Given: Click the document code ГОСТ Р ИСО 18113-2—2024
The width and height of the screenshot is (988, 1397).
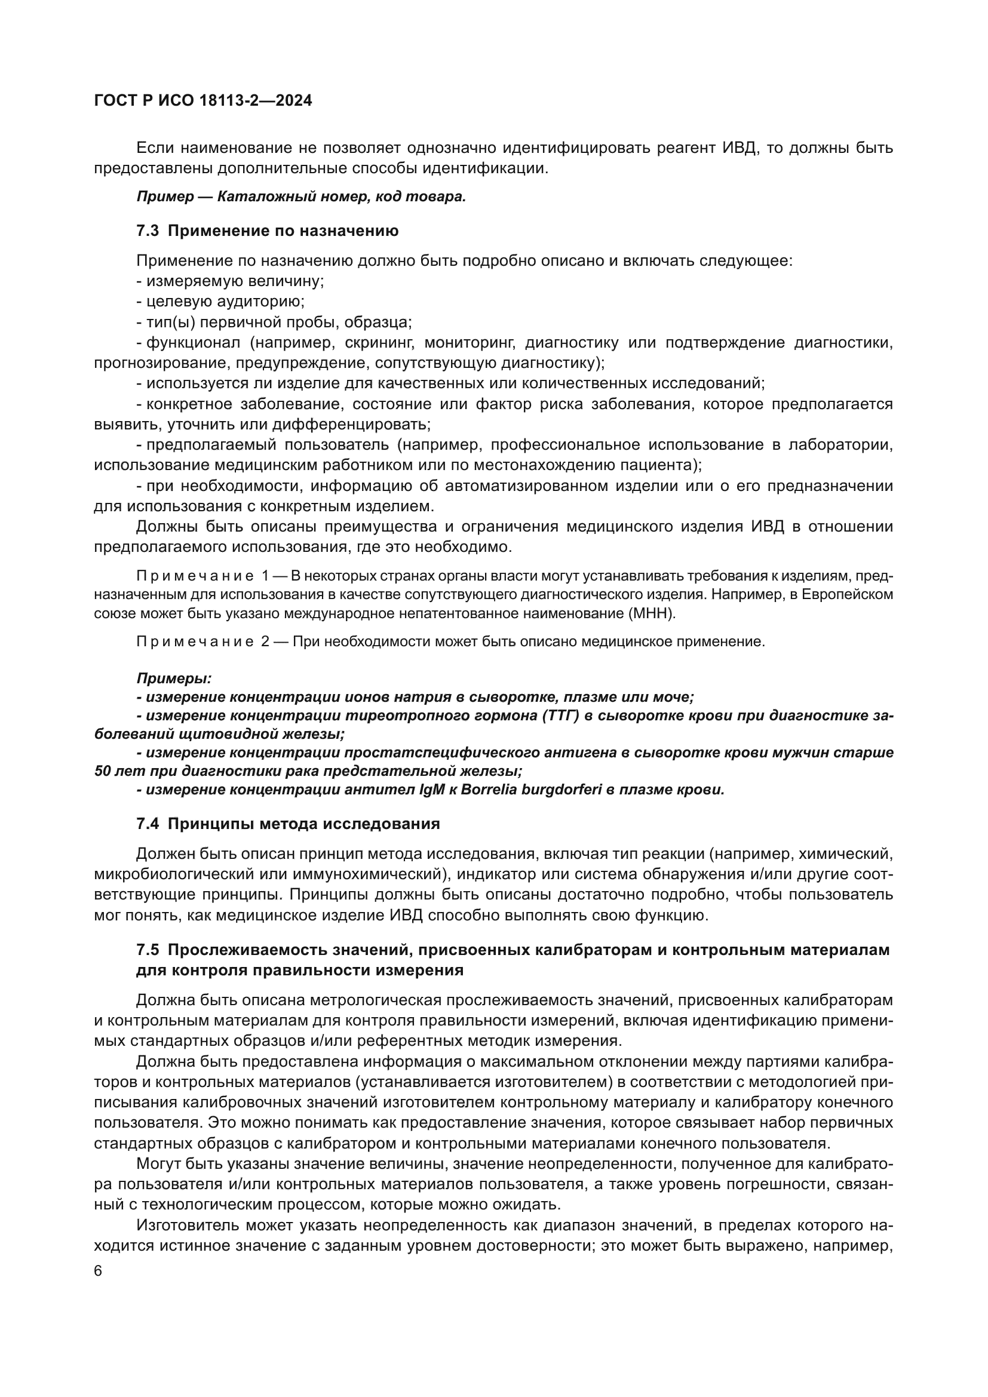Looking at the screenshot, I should pyautogui.click(x=203, y=101).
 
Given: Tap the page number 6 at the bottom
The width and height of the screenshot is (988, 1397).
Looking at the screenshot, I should pyautogui.click(x=99, y=1271).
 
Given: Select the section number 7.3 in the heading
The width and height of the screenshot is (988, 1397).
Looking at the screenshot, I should pyautogui.click(x=147, y=231).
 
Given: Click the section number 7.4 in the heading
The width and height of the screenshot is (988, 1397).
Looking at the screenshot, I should pyautogui.click(x=147, y=824).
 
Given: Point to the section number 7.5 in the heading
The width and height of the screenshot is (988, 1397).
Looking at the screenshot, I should pyautogui.click(x=147, y=950).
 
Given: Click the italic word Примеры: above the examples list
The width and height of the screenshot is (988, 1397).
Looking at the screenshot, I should pyautogui.click(x=174, y=678).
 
